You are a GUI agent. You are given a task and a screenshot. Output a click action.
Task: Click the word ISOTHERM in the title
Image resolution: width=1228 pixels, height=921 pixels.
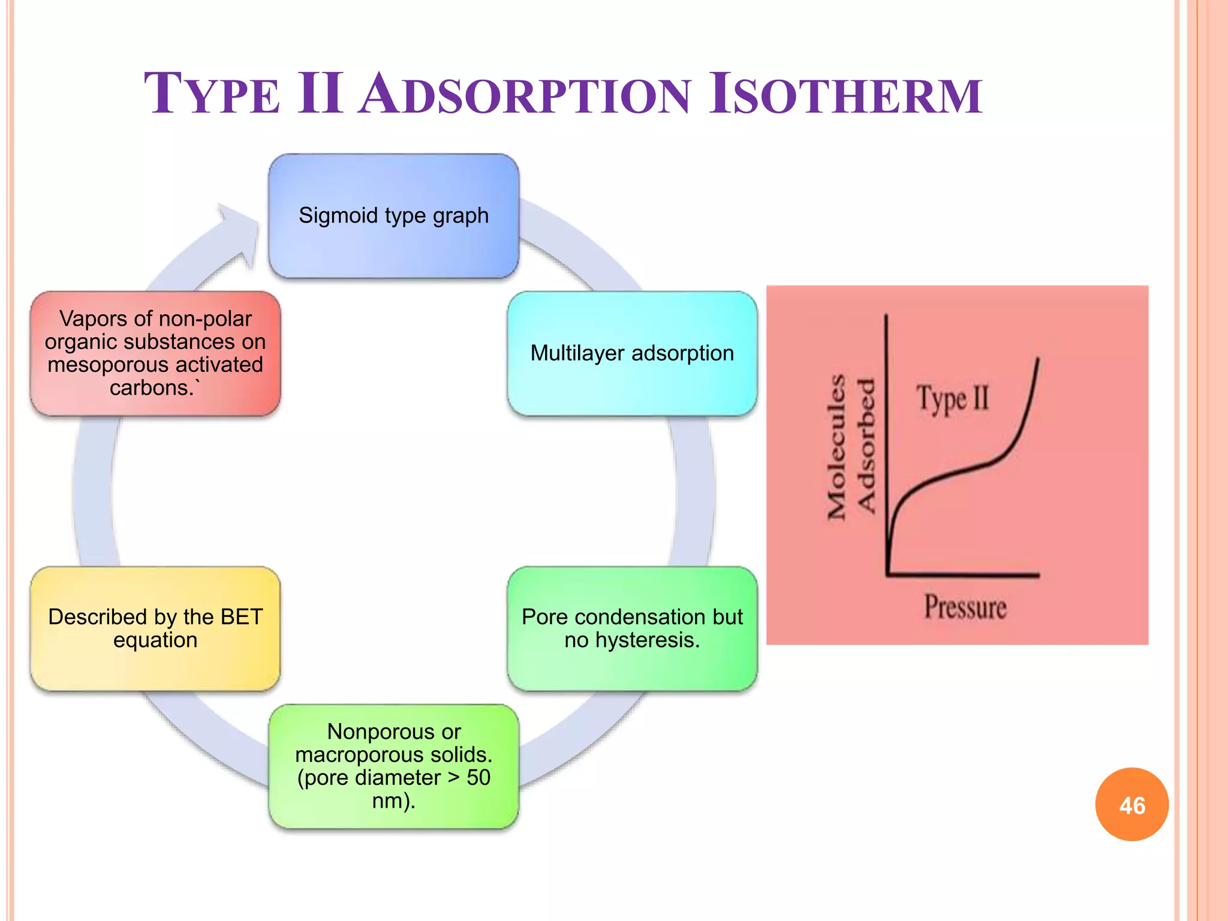[x=845, y=94]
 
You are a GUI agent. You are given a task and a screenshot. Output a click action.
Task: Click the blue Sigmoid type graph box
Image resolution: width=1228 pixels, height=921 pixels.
[x=394, y=215]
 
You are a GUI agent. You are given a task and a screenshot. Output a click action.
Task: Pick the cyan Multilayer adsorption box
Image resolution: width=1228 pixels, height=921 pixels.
[x=632, y=353]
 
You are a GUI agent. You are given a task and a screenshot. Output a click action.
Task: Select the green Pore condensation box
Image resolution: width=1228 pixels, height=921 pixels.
[x=632, y=628]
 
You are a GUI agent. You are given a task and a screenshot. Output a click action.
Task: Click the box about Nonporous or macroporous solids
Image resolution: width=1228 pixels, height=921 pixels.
[x=394, y=766]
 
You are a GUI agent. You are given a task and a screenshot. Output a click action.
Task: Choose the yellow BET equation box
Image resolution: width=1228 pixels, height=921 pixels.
[x=155, y=628]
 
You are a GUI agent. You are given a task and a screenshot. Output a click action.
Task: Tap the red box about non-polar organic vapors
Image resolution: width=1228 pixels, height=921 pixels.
[x=155, y=353]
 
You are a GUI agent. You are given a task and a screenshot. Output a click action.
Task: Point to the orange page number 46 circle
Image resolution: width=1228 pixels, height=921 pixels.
[x=1131, y=805]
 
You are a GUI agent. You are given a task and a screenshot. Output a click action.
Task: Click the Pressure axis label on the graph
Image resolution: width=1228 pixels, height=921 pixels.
[x=965, y=607]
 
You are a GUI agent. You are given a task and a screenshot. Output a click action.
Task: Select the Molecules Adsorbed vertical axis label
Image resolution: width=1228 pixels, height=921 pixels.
[x=851, y=446]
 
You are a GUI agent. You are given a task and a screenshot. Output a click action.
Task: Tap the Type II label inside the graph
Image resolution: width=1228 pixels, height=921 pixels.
[x=952, y=399]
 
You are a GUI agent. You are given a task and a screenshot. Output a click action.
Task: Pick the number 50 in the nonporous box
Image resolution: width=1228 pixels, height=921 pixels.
[x=478, y=778]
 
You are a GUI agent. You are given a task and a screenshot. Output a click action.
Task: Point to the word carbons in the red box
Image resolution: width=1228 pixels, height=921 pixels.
[x=149, y=388]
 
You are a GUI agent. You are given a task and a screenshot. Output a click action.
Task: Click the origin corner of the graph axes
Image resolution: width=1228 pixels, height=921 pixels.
[x=888, y=574]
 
